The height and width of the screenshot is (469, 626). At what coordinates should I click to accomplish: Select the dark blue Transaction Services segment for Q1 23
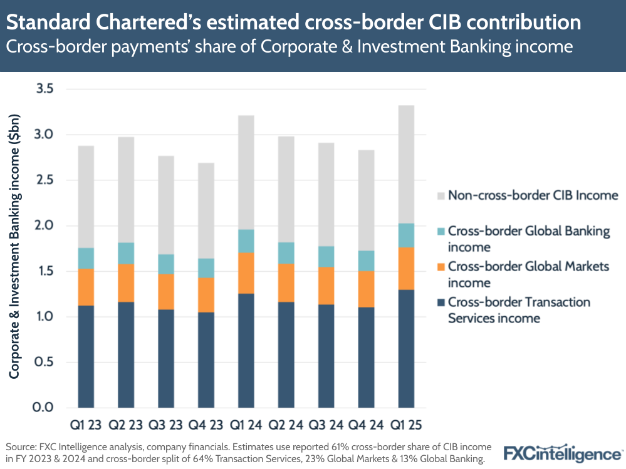point(86,356)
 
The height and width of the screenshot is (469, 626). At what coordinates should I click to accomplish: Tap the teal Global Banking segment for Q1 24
point(246,241)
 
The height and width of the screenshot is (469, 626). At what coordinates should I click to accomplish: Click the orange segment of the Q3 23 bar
point(166,292)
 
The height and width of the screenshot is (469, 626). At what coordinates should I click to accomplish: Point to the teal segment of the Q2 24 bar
point(286,253)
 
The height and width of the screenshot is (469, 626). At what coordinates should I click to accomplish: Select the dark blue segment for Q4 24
point(366,357)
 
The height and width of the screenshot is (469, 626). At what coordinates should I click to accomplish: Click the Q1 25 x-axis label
point(406,426)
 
